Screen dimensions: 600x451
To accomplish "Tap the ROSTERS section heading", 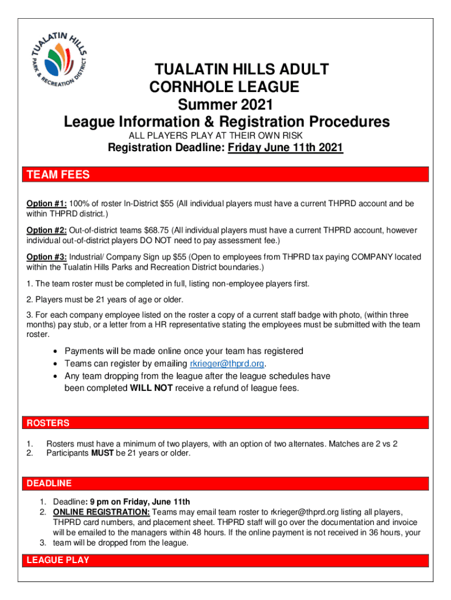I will click(46, 423).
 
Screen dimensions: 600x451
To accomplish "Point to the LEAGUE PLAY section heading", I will click(58, 560).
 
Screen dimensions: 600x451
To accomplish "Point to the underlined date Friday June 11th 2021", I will click(285, 148).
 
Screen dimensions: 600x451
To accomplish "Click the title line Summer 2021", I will click(225, 105).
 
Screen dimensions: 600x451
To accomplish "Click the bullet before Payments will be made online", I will click(54, 352).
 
